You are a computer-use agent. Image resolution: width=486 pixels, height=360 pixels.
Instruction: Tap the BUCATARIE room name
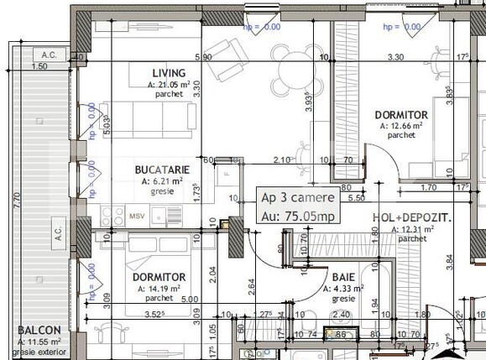168,169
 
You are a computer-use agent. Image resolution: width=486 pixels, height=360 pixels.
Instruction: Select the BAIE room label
342,276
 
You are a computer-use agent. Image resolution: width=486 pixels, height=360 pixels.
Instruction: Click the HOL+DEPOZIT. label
411,217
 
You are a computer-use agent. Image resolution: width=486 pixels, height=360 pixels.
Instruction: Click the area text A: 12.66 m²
400,126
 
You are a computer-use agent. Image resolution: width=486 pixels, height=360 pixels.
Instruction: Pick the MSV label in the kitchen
136,216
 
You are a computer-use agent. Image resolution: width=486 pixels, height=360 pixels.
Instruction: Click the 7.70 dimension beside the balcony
17,201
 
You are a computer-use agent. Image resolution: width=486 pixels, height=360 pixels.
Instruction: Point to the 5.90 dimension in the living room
201,57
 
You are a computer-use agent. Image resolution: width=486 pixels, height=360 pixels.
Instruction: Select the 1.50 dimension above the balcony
39,65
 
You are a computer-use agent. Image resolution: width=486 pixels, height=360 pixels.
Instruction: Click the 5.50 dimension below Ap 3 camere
356,199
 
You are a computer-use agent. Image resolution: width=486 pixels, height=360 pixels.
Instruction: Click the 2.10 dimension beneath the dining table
282,159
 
